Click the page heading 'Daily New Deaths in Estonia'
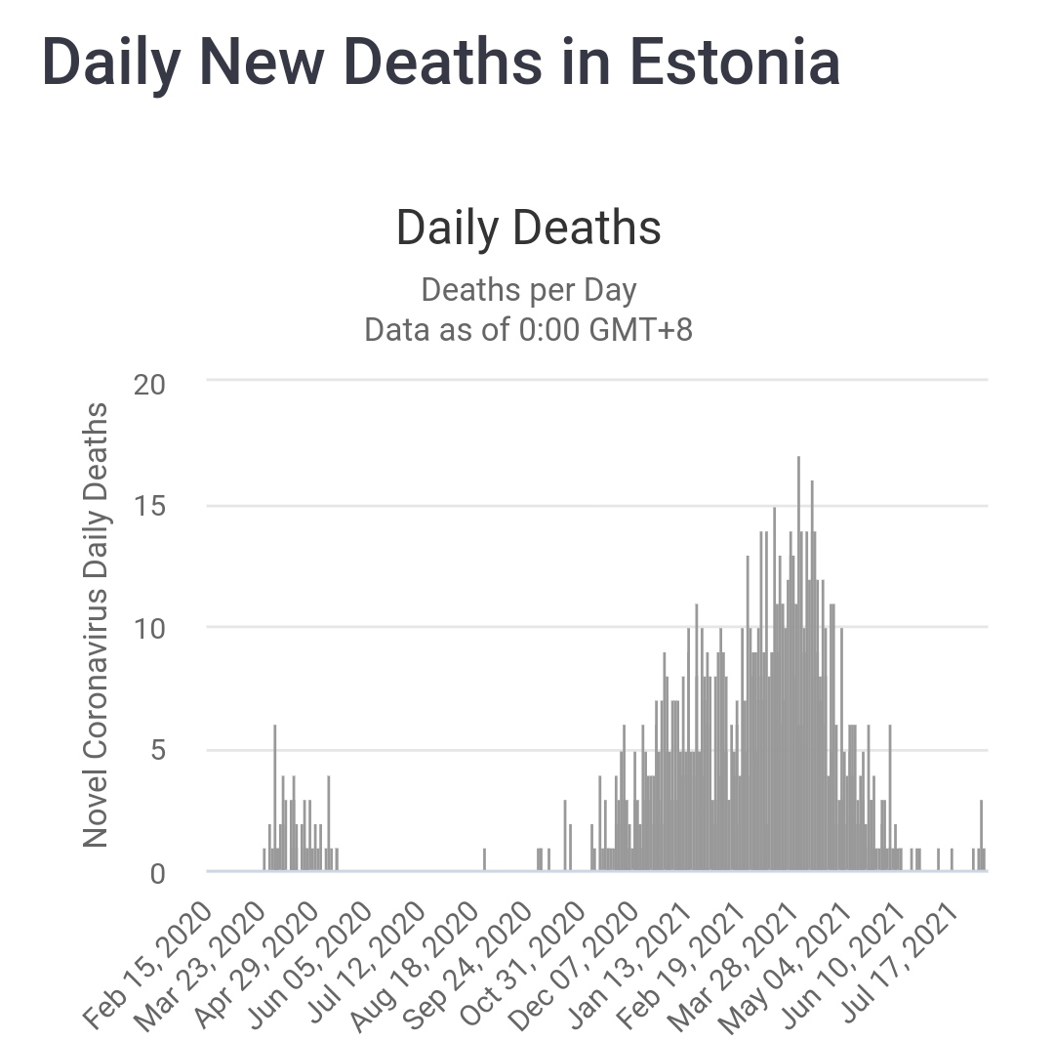(x=441, y=62)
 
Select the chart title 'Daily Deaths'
(x=528, y=228)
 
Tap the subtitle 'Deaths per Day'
(x=528, y=290)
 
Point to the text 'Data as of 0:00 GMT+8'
(x=528, y=329)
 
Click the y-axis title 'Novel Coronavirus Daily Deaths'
(x=95, y=625)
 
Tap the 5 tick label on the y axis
(x=156, y=751)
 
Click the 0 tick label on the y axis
(x=156, y=873)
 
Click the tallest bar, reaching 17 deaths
(x=798, y=664)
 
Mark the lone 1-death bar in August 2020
(x=484, y=859)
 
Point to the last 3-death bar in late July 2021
(x=981, y=836)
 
